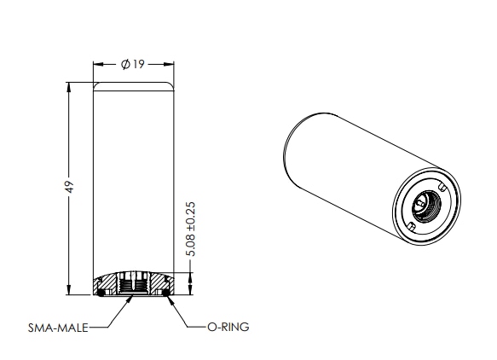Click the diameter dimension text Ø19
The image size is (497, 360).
pos(133,65)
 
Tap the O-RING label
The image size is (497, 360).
pos(228,326)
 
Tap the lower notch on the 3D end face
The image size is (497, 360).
pos(410,226)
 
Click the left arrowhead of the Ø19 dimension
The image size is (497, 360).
pos(95,65)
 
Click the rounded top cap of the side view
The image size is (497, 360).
pos(133,86)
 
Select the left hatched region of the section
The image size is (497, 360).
pos(109,283)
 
